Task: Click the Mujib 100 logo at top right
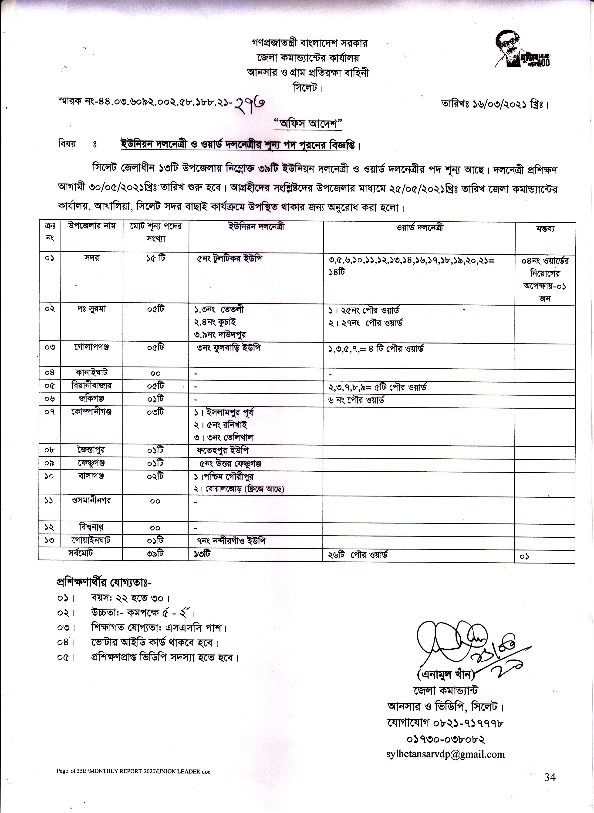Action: click(x=523, y=49)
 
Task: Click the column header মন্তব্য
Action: click(x=545, y=229)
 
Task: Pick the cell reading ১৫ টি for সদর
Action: click(x=156, y=258)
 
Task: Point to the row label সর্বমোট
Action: click(x=81, y=553)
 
